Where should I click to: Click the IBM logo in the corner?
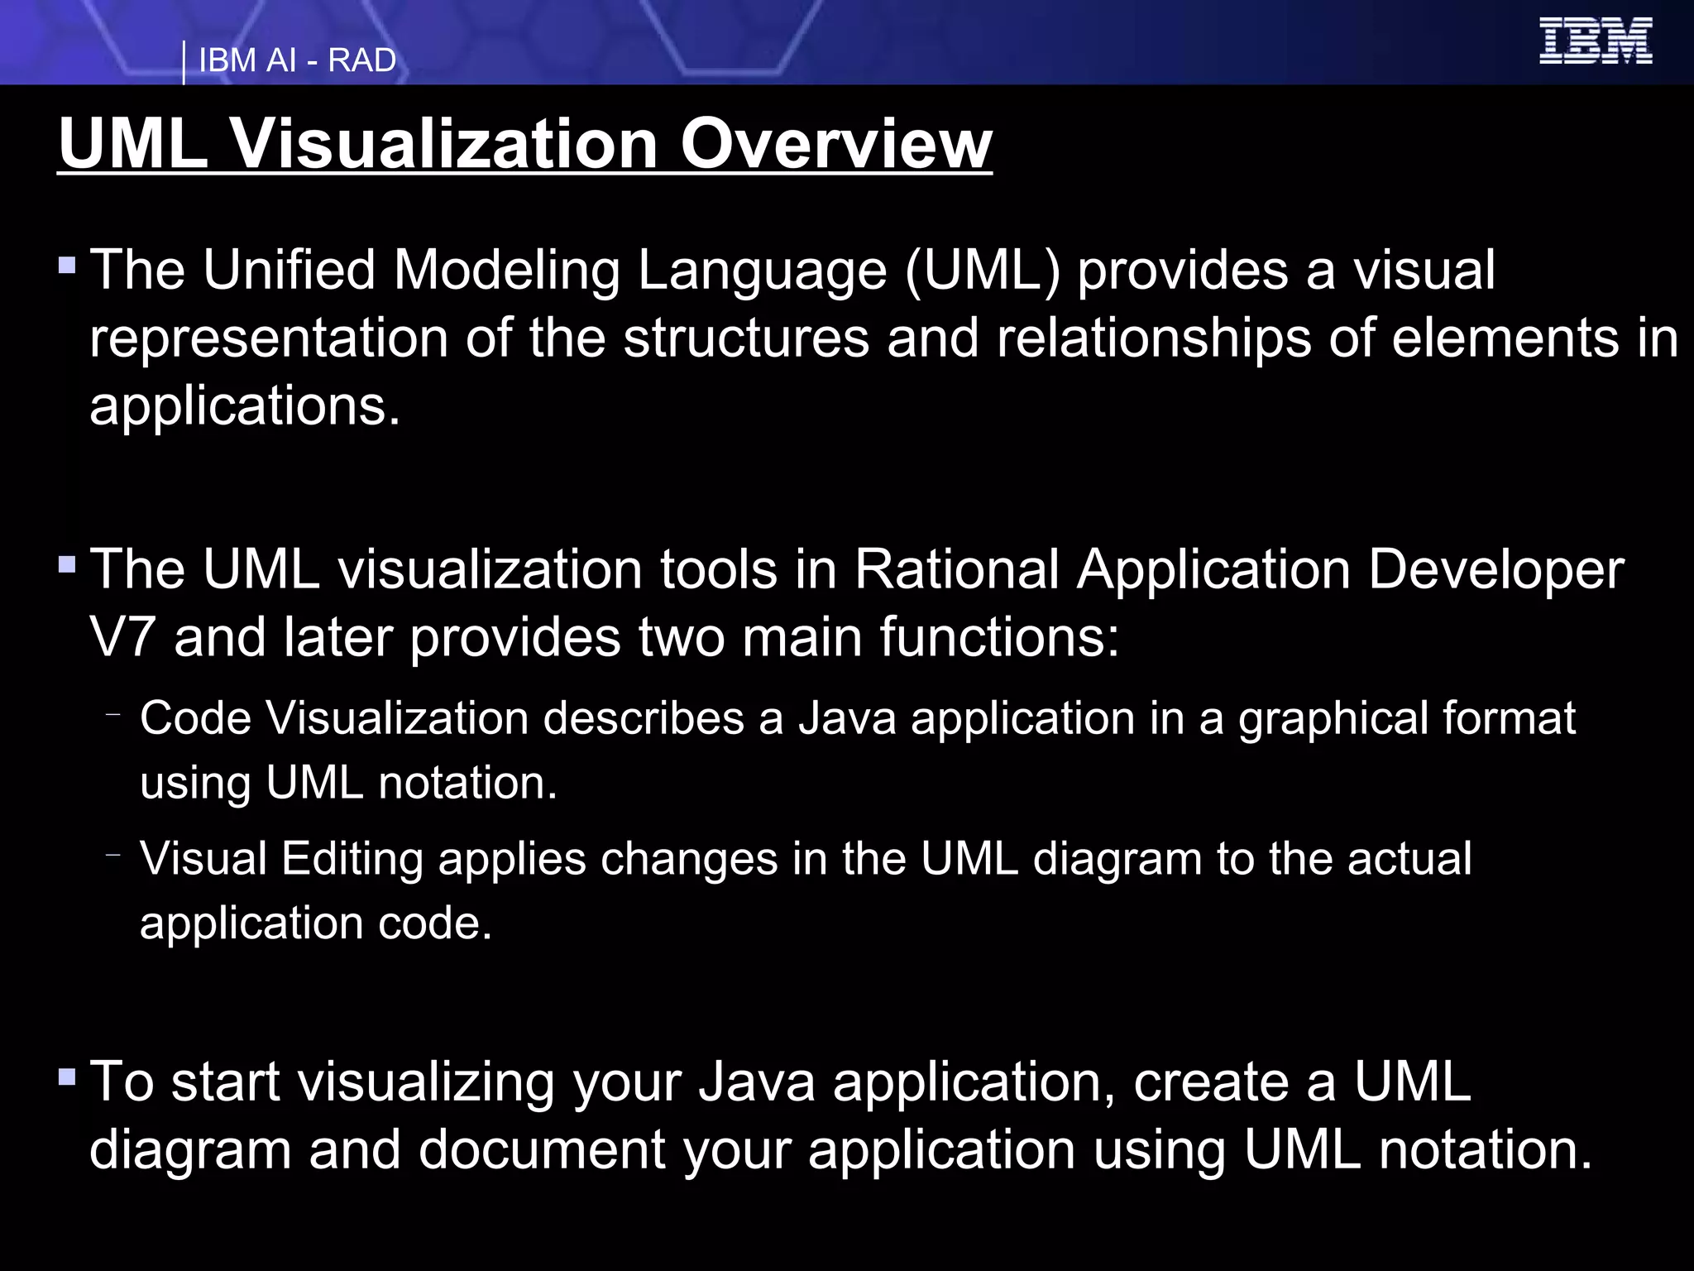(x=1596, y=41)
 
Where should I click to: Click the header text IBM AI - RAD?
(x=297, y=60)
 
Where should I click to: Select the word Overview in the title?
(x=835, y=143)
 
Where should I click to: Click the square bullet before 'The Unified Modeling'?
(x=68, y=266)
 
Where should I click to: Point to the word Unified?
(x=290, y=270)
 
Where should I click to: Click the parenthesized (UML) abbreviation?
(x=983, y=270)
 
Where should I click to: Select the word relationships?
(x=1154, y=338)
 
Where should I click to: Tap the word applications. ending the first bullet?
(x=245, y=405)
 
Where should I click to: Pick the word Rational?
(x=957, y=569)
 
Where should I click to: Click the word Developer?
(x=1495, y=569)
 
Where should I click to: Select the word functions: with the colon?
(x=999, y=637)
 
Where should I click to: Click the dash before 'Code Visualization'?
(x=114, y=713)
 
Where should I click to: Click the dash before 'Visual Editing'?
(x=114, y=854)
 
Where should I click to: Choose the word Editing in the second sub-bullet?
(x=352, y=858)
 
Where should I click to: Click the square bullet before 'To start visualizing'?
(x=68, y=1078)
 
